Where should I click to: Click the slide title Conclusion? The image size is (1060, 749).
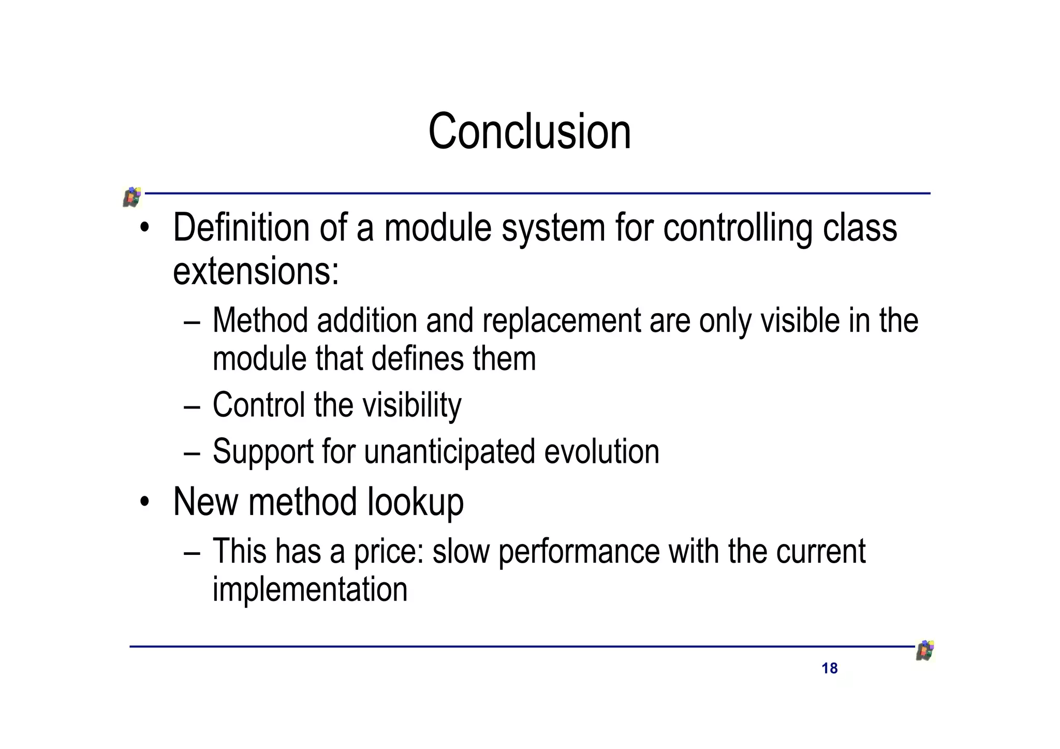pos(529,131)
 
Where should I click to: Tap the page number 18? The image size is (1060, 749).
pos(829,668)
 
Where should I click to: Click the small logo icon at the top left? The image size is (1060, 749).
pos(132,197)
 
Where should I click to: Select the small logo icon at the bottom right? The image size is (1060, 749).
pos(925,651)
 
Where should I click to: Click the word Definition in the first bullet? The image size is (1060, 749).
pos(241,228)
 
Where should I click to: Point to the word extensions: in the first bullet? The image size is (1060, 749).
pos(256,272)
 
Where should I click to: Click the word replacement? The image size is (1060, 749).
pos(561,321)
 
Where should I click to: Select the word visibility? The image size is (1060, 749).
pos(411,405)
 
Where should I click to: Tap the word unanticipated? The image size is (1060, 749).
pos(449,452)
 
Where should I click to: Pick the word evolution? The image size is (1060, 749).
pos(601,452)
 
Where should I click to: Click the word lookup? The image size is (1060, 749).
pos(415,502)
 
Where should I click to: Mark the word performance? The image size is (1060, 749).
pos(579,551)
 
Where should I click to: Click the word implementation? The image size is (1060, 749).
pos(310,589)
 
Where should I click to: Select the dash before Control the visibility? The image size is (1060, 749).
pos(192,407)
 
